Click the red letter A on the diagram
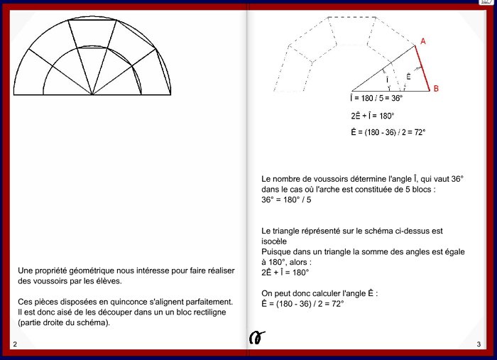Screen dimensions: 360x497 coord(423,42)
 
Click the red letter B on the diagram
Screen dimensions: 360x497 coord(436,89)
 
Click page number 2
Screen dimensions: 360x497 coord(15,344)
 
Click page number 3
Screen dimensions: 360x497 coord(479,344)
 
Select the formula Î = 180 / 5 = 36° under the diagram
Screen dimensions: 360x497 coord(376,99)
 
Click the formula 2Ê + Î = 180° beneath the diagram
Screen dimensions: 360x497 coord(372,115)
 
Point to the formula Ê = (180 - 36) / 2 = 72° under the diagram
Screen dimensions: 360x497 coord(388,132)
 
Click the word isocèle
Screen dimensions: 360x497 coord(275,241)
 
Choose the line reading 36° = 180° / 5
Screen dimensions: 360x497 coord(286,200)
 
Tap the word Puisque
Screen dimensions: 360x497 coord(278,251)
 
